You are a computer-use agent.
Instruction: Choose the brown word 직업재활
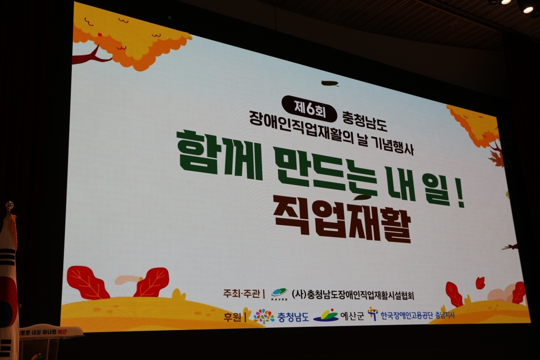[342, 218]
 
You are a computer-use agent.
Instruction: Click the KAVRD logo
[279, 294]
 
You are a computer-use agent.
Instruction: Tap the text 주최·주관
[242, 293]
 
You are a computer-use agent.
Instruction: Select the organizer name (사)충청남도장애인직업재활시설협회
[352, 295]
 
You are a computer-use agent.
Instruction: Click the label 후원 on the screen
[232, 317]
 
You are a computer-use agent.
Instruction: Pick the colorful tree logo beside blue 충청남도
[264, 316]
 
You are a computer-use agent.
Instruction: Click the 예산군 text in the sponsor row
[352, 316]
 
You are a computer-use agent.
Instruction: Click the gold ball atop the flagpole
[9, 205]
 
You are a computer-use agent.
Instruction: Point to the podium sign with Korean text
[50, 332]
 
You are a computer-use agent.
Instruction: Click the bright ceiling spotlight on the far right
[528, 9]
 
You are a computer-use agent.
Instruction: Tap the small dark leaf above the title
[329, 83]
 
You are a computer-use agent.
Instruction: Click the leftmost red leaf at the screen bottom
[88, 283]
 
